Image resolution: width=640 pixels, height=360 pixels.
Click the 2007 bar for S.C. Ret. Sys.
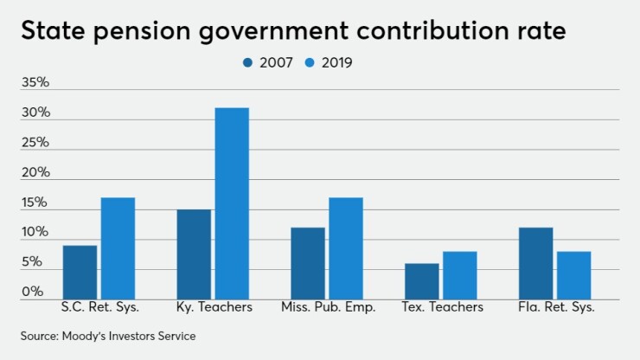[80, 273]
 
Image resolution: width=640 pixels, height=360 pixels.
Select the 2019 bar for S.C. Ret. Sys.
[118, 248]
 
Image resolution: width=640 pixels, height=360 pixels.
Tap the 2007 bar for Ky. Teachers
[194, 254]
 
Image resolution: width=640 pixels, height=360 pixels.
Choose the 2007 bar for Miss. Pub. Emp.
[308, 263]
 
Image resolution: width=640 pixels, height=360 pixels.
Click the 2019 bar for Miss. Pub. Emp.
[345, 248]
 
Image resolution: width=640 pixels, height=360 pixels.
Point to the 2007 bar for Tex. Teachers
[422, 281]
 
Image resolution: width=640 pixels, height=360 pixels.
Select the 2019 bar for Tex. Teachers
[459, 275]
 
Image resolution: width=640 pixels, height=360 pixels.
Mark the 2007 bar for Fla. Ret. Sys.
[535, 263]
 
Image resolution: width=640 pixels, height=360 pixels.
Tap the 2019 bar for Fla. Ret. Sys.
[573, 275]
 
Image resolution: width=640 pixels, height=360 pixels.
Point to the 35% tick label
[35, 84]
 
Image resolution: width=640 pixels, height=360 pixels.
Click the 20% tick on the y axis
[35, 173]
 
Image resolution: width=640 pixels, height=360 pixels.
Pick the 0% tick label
[34, 292]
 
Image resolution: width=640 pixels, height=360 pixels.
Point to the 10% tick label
[35, 233]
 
